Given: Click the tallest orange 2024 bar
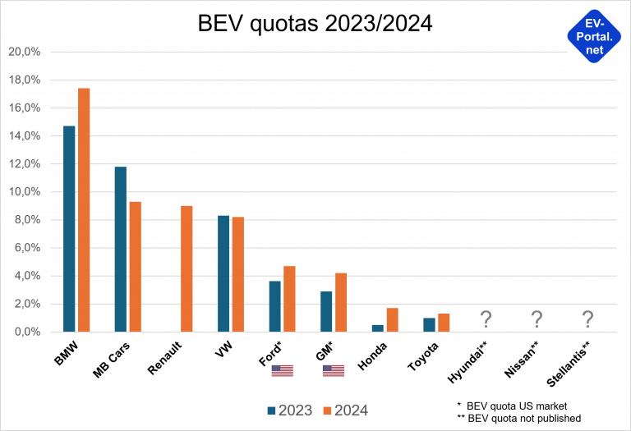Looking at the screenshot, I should point(84,209).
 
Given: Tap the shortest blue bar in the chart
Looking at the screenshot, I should point(377,328).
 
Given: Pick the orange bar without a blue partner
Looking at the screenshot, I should point(187,268).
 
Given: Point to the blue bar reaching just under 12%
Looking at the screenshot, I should point(120,249).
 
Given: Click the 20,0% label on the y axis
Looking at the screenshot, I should point(24,52).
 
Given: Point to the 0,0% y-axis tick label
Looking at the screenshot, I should point(26,332).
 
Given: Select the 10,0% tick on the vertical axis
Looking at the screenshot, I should point(24,192).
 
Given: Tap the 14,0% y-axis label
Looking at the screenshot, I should point(24,136).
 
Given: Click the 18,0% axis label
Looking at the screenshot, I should point(24,80).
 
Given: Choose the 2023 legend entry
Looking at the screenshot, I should point(289,410).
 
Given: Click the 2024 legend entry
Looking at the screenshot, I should point(345,410).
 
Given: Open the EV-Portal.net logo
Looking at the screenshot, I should point(594,36).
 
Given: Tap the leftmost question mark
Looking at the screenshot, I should point(486,319).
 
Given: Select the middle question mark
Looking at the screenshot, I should point(537,319).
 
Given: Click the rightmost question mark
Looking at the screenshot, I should point(587,319).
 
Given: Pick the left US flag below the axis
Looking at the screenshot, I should point(282,371).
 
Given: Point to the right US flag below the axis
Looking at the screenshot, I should point(334,371).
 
